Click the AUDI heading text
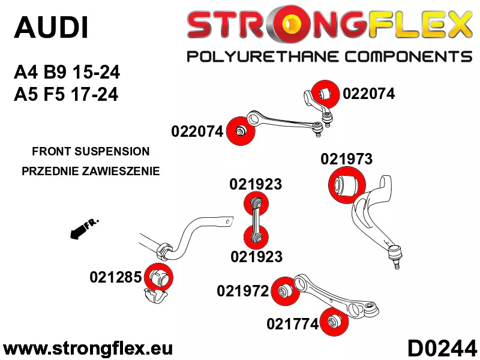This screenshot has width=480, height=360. [52, 28]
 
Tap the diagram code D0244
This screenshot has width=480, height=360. [442, 349]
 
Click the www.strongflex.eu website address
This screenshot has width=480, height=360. [88, 349]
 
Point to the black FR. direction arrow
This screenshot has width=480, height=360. [84, 229]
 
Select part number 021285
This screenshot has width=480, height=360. [116, 277]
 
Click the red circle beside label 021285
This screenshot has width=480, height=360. [158, 277]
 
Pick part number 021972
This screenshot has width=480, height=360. [243, 291]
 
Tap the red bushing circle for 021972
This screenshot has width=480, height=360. [286, 291]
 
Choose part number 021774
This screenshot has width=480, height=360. [293, 324]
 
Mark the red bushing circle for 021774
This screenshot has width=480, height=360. [334, 322]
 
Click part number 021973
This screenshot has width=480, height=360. [347, 159]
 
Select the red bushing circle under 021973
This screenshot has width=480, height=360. [347, 185]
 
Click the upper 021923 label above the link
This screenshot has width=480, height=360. [256, 184]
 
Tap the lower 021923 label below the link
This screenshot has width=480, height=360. [257, 257]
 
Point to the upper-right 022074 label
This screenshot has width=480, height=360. [369, 94]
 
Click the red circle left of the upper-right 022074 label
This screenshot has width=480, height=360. [325, 94]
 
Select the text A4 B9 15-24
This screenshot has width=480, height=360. [67, 73]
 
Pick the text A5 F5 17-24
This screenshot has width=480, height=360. [66, 94]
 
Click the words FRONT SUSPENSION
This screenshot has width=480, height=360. [91, 151]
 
